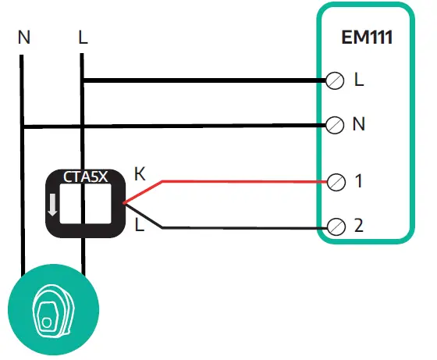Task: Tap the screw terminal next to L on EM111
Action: (335, 80)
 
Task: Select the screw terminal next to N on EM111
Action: (335, 124)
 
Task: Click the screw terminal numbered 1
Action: (335, 182)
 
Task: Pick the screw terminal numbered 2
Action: (335, 227)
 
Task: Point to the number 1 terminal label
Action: (358, 182)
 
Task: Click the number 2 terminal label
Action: (358, 227)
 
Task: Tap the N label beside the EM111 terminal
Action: (359, 124)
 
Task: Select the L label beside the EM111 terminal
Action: (358, 80)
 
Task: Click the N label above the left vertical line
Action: (23, 37)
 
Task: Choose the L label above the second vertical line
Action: (83, 37)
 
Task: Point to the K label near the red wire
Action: (140, 173)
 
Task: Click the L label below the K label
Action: (140, 226)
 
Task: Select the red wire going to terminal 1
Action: (242, 182)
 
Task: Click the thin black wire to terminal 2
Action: (242, 228)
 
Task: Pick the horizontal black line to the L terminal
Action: (203, 80)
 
